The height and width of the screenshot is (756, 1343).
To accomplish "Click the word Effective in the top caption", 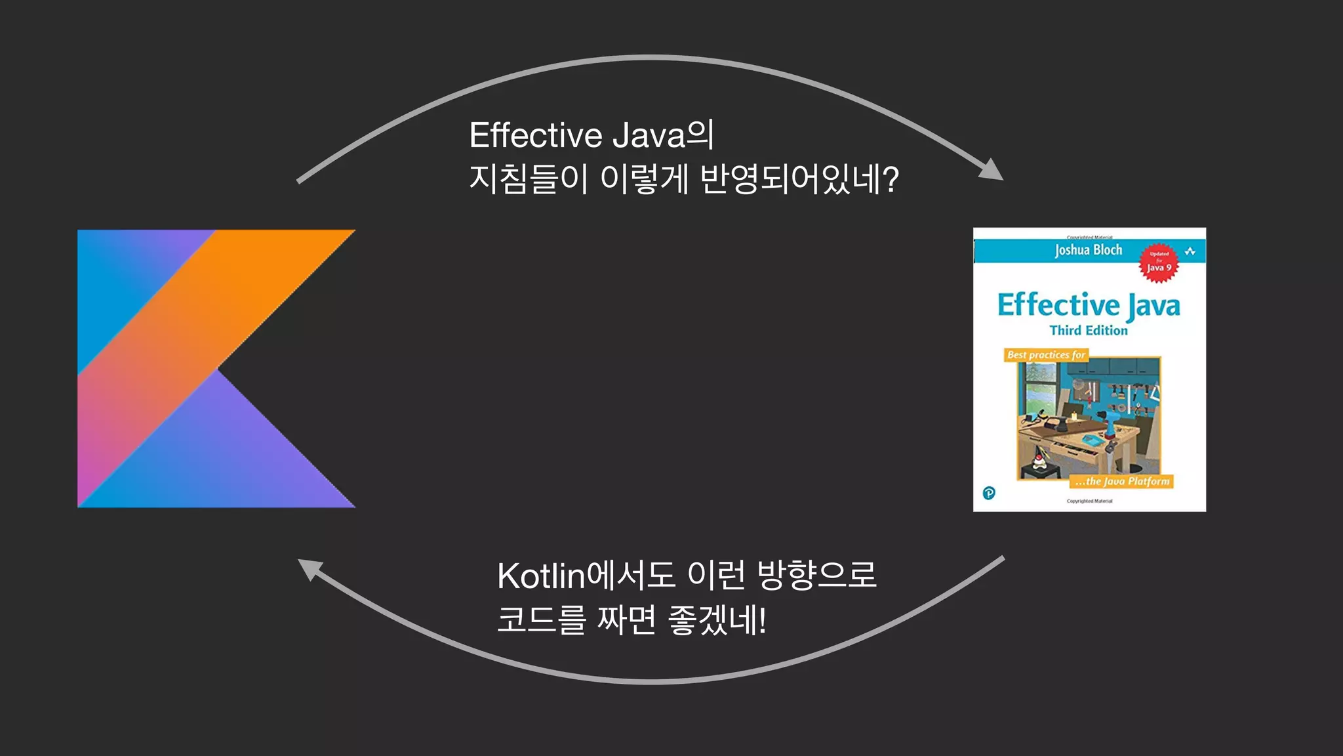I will pyautogui.click(x=535, y=136).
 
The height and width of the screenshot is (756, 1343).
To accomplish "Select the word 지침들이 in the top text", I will pyautogui.click(x=528, y=179).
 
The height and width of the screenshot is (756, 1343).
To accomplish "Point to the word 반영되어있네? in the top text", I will pyautogui.click(x=799, y=179).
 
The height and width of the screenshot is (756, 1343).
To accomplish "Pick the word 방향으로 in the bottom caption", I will pyautogui.click(x=816, y=576).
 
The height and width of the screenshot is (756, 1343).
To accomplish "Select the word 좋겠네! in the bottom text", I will pyautogui.click(x=717, y=620).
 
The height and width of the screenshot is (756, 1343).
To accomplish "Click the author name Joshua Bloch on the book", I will pyautogui.click(x=1089, y=250).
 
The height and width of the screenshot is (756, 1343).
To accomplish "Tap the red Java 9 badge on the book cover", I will pyautogui.click(x=1159, y=263).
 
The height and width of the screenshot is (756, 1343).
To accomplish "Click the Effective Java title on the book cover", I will pyautogui.click(x=1089, y=306).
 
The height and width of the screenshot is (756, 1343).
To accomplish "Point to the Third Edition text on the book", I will pyautogui.click(x=1089, y=331).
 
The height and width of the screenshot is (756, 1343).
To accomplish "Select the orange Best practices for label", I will pyautogui.click(x=1046, y=355).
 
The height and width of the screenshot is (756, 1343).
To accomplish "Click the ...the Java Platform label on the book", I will pyautogui.click(x=1122, y=482).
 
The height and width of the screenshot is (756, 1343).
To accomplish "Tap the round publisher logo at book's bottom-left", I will pyautogui.click(x=989, y=493).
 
